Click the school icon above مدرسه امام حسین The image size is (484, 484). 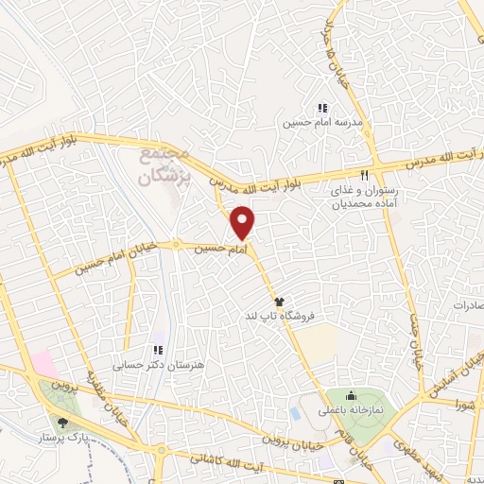pos(321,108)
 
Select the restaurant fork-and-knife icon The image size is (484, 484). pos(364,175)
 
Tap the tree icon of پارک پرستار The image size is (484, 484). pos(62,423)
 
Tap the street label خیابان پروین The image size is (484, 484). pos(298,441)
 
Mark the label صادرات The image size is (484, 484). pos(466,306)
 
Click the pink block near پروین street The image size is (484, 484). pos(43,361)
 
